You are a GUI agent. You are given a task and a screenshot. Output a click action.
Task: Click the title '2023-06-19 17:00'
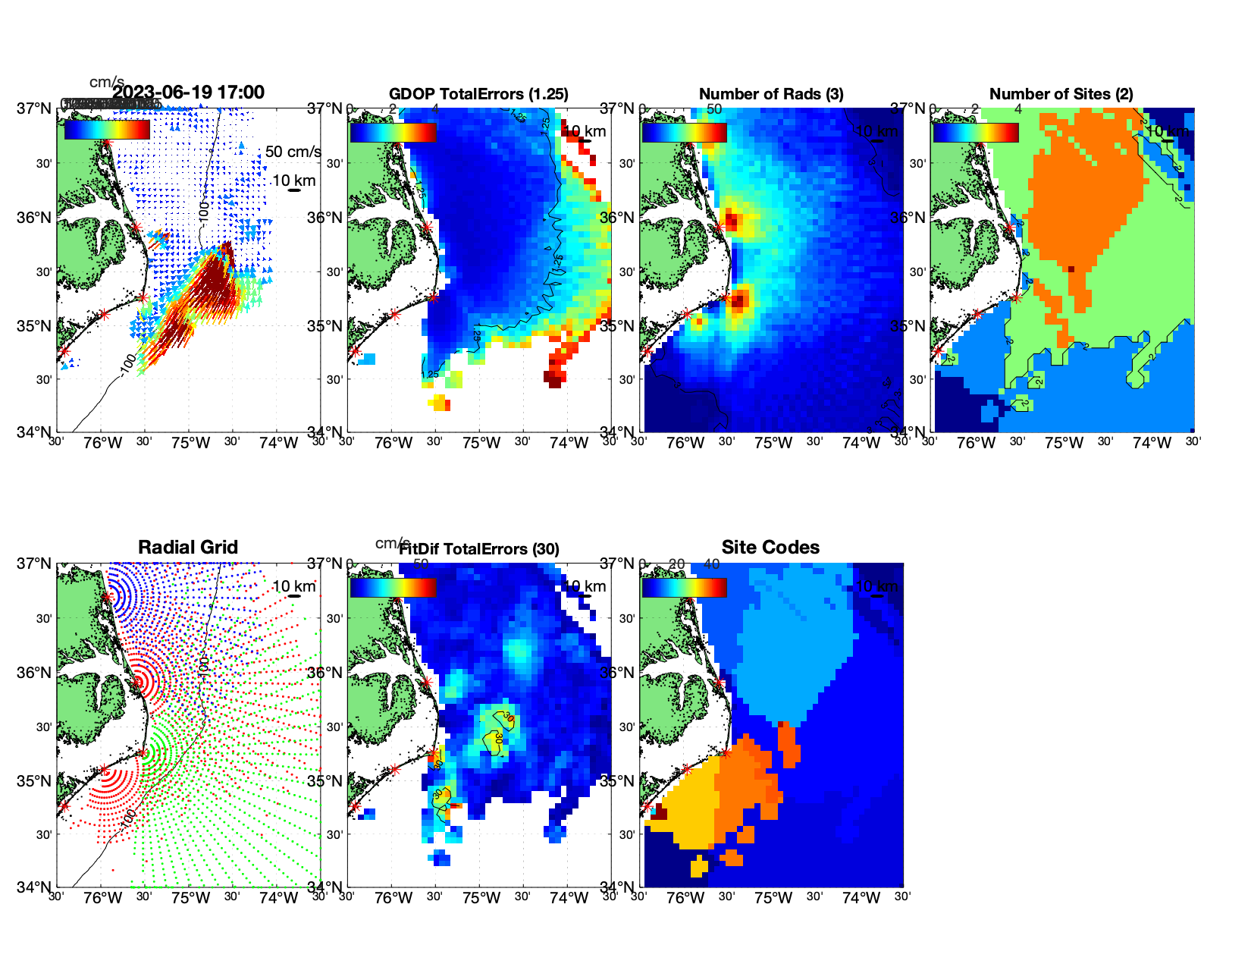(188, 93)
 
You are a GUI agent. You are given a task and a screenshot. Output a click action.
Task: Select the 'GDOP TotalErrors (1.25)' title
(478, 94)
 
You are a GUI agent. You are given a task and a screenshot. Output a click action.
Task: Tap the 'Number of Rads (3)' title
(771, 94)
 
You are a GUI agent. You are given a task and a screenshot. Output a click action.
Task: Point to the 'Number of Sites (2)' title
(1061, 94)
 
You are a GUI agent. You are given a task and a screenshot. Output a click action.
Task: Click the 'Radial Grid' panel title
(188, 548)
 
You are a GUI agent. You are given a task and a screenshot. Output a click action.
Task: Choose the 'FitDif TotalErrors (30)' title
(478, 549)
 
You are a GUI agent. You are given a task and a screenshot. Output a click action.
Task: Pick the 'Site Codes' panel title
(770, 548)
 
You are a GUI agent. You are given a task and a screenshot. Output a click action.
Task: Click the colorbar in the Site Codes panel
(684, 588)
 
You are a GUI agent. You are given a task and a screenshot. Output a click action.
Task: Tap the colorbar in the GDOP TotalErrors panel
(393, 133)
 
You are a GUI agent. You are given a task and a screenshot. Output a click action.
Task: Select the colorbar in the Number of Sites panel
(975, 133)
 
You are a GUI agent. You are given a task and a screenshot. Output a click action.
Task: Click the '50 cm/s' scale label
(293, 152)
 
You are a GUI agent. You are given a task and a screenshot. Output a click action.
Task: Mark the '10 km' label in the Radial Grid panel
(293, 586)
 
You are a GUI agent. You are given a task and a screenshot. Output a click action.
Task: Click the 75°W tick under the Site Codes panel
(773, 898)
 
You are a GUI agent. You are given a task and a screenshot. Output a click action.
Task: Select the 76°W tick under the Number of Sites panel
(976, 443)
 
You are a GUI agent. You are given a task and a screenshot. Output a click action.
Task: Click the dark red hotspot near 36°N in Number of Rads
(731, 221)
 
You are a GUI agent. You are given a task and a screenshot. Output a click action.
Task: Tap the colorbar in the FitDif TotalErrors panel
(393, 588)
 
